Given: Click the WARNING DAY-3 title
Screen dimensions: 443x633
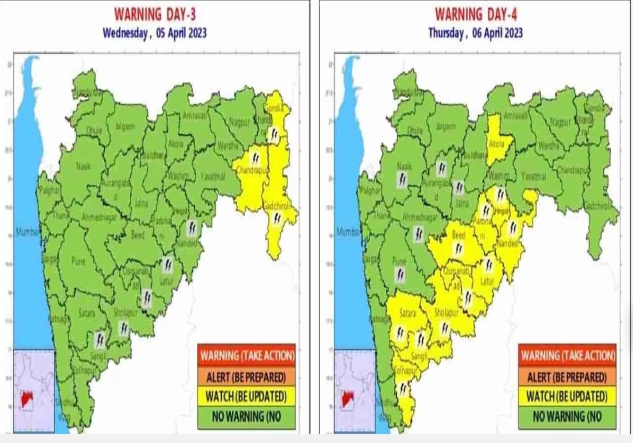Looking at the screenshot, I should (x=155, y=14).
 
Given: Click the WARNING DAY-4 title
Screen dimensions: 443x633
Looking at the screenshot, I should (x=475, y=14).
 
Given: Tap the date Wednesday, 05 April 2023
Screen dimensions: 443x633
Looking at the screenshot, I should (x=155, y=33).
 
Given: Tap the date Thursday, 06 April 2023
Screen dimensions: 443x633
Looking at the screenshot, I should (x=475, y=33).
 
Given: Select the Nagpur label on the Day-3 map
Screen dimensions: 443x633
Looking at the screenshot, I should (x=240, y=122).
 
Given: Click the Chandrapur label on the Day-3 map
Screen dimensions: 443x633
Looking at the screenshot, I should (x=252, y=170).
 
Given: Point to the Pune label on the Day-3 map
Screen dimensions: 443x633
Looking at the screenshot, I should (x=78, y=261).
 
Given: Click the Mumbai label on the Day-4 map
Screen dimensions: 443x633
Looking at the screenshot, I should (x=347, y=232).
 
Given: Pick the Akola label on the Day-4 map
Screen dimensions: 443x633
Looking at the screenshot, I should (x=496, y=144).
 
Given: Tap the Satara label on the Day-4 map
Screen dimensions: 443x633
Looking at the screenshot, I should (x=408, y=313).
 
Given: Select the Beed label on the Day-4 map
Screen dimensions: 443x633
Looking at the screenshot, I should (x=458, y=235).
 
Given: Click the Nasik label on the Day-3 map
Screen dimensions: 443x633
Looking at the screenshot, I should (x=83, y=166).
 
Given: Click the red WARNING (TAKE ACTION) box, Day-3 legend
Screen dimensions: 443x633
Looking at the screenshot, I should (x=247, y=355).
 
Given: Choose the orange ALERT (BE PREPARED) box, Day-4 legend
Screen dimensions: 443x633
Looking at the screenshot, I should (x=567, y=376).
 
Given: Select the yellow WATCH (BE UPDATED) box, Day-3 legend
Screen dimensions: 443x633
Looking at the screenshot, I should (x=247, y=396).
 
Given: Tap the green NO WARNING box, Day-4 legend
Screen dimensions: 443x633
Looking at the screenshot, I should (x=567, y=417).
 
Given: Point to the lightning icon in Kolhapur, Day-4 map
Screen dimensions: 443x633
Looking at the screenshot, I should (x=402, y=389).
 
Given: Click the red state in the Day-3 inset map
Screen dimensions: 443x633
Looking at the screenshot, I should (x=27, y=399).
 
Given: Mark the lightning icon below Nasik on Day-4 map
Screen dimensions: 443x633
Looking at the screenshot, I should (x=402, y=180).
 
